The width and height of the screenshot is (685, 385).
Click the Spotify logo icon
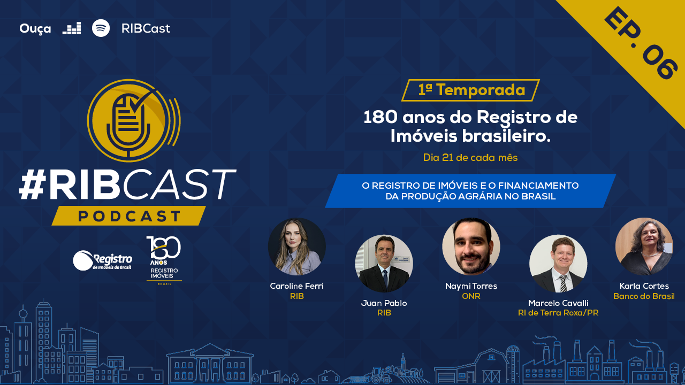click(x=101, y=28)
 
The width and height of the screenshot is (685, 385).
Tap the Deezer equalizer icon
click(x=72, y=28)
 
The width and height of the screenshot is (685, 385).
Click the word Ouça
click(x=35, y=29)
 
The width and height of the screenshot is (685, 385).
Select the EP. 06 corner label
click(x=641, y=43)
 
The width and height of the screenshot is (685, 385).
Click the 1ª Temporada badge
click(x=470, y=90)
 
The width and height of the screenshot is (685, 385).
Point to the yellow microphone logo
click(x=134, y=120)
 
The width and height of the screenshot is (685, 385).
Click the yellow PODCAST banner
click(x=129, y=215)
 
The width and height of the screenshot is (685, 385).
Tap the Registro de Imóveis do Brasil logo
click(x=102, y=260)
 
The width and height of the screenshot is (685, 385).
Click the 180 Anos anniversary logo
click(x=164, y=260)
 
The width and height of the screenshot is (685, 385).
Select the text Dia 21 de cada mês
click(x=470, y=158)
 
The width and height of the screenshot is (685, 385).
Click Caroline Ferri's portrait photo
click(x=296, y=247)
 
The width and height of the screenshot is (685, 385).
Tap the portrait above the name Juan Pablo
click(x=384, y=264)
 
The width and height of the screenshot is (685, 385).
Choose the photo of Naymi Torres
click(x=471, y=247)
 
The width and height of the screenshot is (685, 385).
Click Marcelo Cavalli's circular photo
click(x=558, y=264)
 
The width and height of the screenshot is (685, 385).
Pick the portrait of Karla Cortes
click(x=644, y=247)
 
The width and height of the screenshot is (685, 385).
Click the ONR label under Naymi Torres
click(x=471, y=296)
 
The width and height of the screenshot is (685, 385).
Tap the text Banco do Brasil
click(x=644, y=296)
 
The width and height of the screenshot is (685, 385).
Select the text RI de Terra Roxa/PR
click(x=558, y=313)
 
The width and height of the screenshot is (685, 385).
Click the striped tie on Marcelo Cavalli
click(x=563, y=283)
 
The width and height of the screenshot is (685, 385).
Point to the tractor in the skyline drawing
click(x=378, y=376)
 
